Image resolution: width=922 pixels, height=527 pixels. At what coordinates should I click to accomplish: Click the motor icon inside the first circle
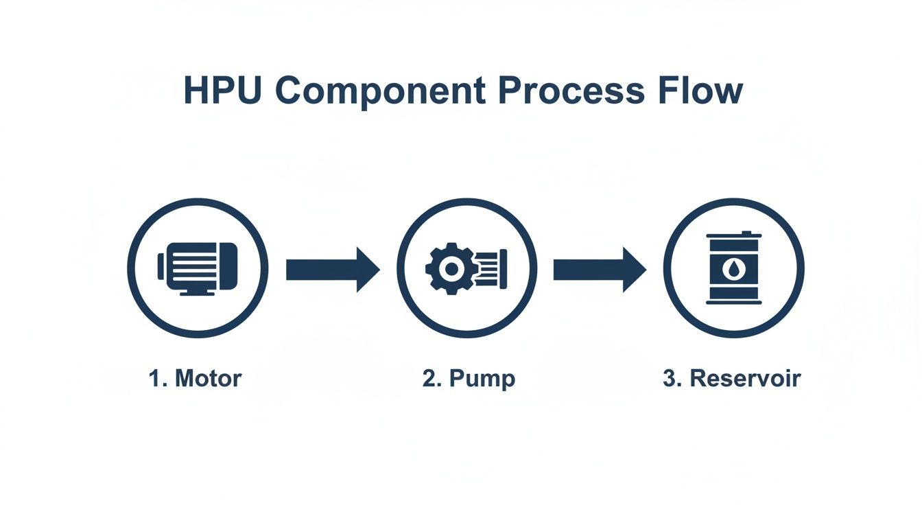tap(198, 268)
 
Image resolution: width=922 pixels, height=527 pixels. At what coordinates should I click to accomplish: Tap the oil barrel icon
tap(734, 268)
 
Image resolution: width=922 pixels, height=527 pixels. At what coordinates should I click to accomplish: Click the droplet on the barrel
tap(734, 269)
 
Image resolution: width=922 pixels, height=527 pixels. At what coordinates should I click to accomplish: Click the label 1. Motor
tap(196, 378)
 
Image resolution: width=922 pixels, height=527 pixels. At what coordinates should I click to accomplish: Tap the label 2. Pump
tap(469, 379)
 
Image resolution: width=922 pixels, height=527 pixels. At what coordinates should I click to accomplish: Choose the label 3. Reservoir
tap(732, 378)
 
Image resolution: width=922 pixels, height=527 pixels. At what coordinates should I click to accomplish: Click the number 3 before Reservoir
tap(670, 378)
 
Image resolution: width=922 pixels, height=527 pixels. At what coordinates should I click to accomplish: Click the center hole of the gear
tap(451, 269)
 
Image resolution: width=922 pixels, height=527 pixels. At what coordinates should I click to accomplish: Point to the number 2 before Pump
tap(429, 378)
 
